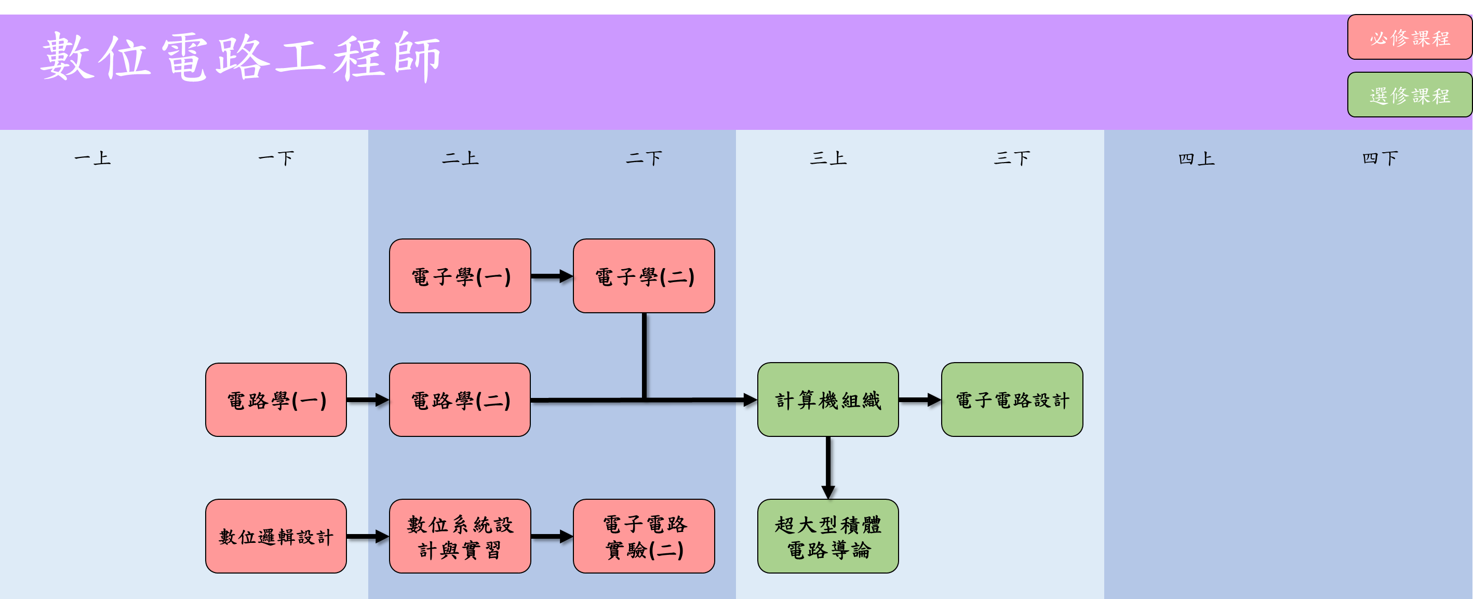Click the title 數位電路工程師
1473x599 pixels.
pyautogui.click(x=240, y=57)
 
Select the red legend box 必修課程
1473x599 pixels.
pyautogui.click(x=1409, y=38)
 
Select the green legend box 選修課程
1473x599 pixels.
pyautogui.click(x=1409, y=95)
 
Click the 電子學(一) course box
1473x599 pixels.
pyautogui.click(x=460, y=276)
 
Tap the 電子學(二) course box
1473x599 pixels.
pyautogui.click(x=644, y=276)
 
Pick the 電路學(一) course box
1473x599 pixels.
pyautogui.click(x=276, y=400)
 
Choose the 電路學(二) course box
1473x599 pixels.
pyautogui.click(x=460, y=400)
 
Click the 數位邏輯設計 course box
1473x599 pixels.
pyautogui.click(x=276, y=536)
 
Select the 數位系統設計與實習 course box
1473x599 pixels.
pyautogui.click(x=460, y=536)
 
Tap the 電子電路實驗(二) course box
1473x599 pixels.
pyautogui.click(x=644, y=536)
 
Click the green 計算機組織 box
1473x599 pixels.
pyautogui.click(x=827, y=400)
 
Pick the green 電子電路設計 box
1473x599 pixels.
pyautogui.click(x=1012, y=400)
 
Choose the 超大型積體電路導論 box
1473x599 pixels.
pyautogui.click(x=827, y=536)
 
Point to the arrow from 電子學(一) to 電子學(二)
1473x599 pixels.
pyautogui.click(x=551, y=276)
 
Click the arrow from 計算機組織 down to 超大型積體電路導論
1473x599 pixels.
pyautogui.click(x=827, y=467)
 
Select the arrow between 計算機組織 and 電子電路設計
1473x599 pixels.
pyautogui.click(x=919, y=400)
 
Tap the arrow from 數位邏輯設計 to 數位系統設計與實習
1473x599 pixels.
pyautogui.click(x=367, y=536)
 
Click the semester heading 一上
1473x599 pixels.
pyautogui.click(x=92, y=158)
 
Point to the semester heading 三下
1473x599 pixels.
pyautogui.click(x=1012, y=158)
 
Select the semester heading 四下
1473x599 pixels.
pyautogui.click(x=1380, y=158)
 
